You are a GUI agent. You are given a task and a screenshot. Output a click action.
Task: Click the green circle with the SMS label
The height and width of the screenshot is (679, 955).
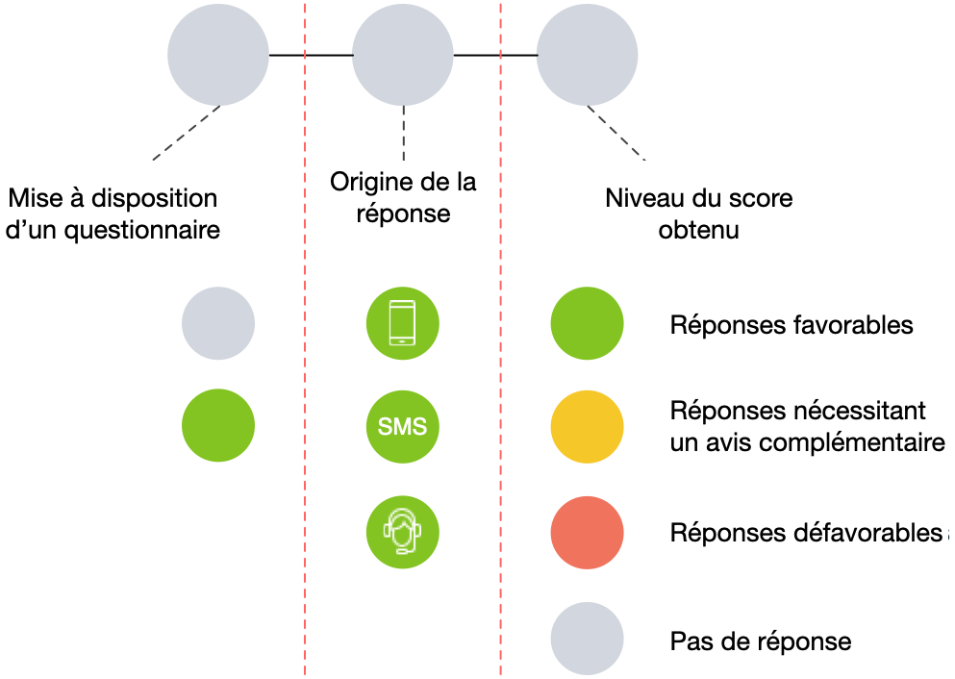click(403, 426)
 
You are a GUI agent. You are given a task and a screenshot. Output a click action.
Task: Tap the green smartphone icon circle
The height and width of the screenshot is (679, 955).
click(403, 323)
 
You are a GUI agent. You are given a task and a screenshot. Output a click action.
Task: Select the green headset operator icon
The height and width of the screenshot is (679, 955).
click(403, 530)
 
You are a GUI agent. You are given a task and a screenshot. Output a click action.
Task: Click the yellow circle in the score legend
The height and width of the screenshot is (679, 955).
click(587, 426)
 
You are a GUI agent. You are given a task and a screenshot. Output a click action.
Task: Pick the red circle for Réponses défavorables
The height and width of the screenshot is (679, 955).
click(587, 533)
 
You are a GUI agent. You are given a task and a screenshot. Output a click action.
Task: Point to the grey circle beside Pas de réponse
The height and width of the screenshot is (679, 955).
click(587, 639)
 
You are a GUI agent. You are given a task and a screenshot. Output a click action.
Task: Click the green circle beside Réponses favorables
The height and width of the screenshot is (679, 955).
click(587, 323)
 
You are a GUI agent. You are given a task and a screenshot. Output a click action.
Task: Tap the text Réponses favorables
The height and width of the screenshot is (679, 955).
click(791, 325)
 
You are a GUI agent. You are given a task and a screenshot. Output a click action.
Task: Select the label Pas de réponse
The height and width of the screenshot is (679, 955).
click(760, 641)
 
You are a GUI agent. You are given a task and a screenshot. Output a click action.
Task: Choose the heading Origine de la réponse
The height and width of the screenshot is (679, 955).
click(403, 196)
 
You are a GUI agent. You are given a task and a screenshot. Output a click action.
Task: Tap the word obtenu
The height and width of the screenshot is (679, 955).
click(698, 231)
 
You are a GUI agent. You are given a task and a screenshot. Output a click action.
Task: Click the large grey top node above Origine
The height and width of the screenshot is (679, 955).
click(403, 56)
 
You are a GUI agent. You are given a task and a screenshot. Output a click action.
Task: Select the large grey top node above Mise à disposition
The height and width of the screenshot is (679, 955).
click(218, 56)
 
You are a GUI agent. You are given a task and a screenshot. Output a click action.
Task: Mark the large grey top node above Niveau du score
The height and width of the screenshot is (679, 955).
click(587, 56)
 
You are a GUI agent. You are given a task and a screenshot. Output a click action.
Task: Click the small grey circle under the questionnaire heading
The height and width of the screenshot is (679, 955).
click(218, 323)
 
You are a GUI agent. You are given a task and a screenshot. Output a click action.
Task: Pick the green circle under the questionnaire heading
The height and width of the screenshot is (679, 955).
click(218, 426)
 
